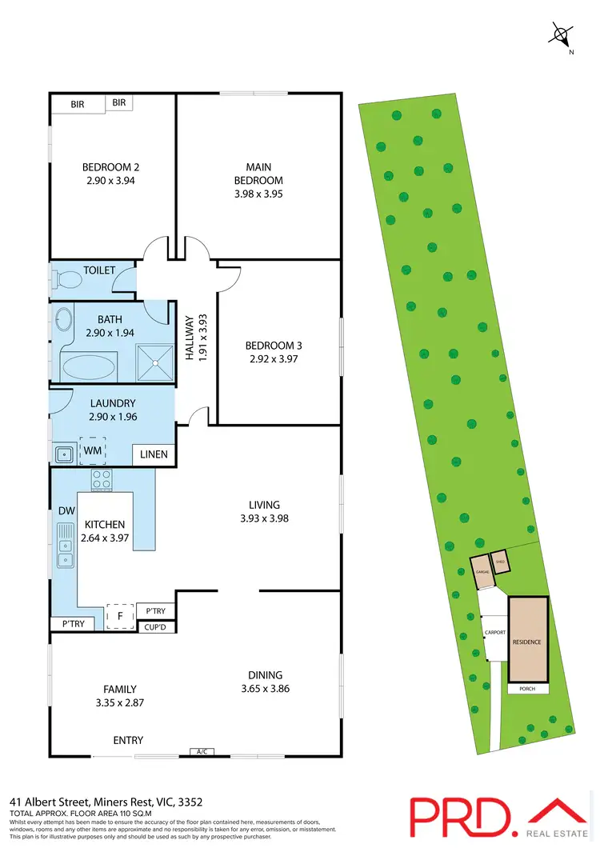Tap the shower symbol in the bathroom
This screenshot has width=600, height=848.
pos(154,363)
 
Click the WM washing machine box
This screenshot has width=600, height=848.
pos(92,450)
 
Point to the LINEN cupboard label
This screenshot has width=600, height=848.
pos(154,455)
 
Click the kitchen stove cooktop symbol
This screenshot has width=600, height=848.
pos(102,479)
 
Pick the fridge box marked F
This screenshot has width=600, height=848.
pos(120,618)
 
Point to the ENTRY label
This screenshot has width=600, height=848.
pos(128,741)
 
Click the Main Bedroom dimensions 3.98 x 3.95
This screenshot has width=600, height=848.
pos(258,194)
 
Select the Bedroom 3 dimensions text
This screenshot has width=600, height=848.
pos(273,359)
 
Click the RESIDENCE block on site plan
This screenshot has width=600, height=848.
pos(527,642)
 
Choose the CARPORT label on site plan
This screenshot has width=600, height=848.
pos(494,633)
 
